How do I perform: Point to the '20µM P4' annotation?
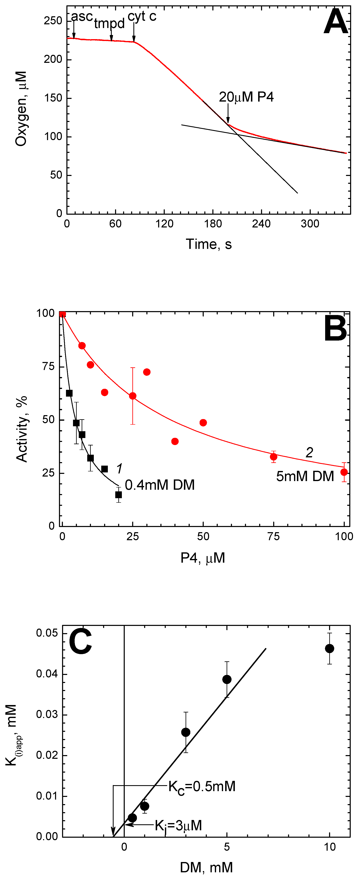(246, 97)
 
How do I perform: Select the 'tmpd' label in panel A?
(109, 24)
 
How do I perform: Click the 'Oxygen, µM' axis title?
(21, 109)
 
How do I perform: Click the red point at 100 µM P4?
(344, 472)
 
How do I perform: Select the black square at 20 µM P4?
(119, 495)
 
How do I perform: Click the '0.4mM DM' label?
(160, 485)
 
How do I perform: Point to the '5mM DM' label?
(305, 476)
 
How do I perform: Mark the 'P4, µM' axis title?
(202, 558)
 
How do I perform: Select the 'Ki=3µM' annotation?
(178, 826)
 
